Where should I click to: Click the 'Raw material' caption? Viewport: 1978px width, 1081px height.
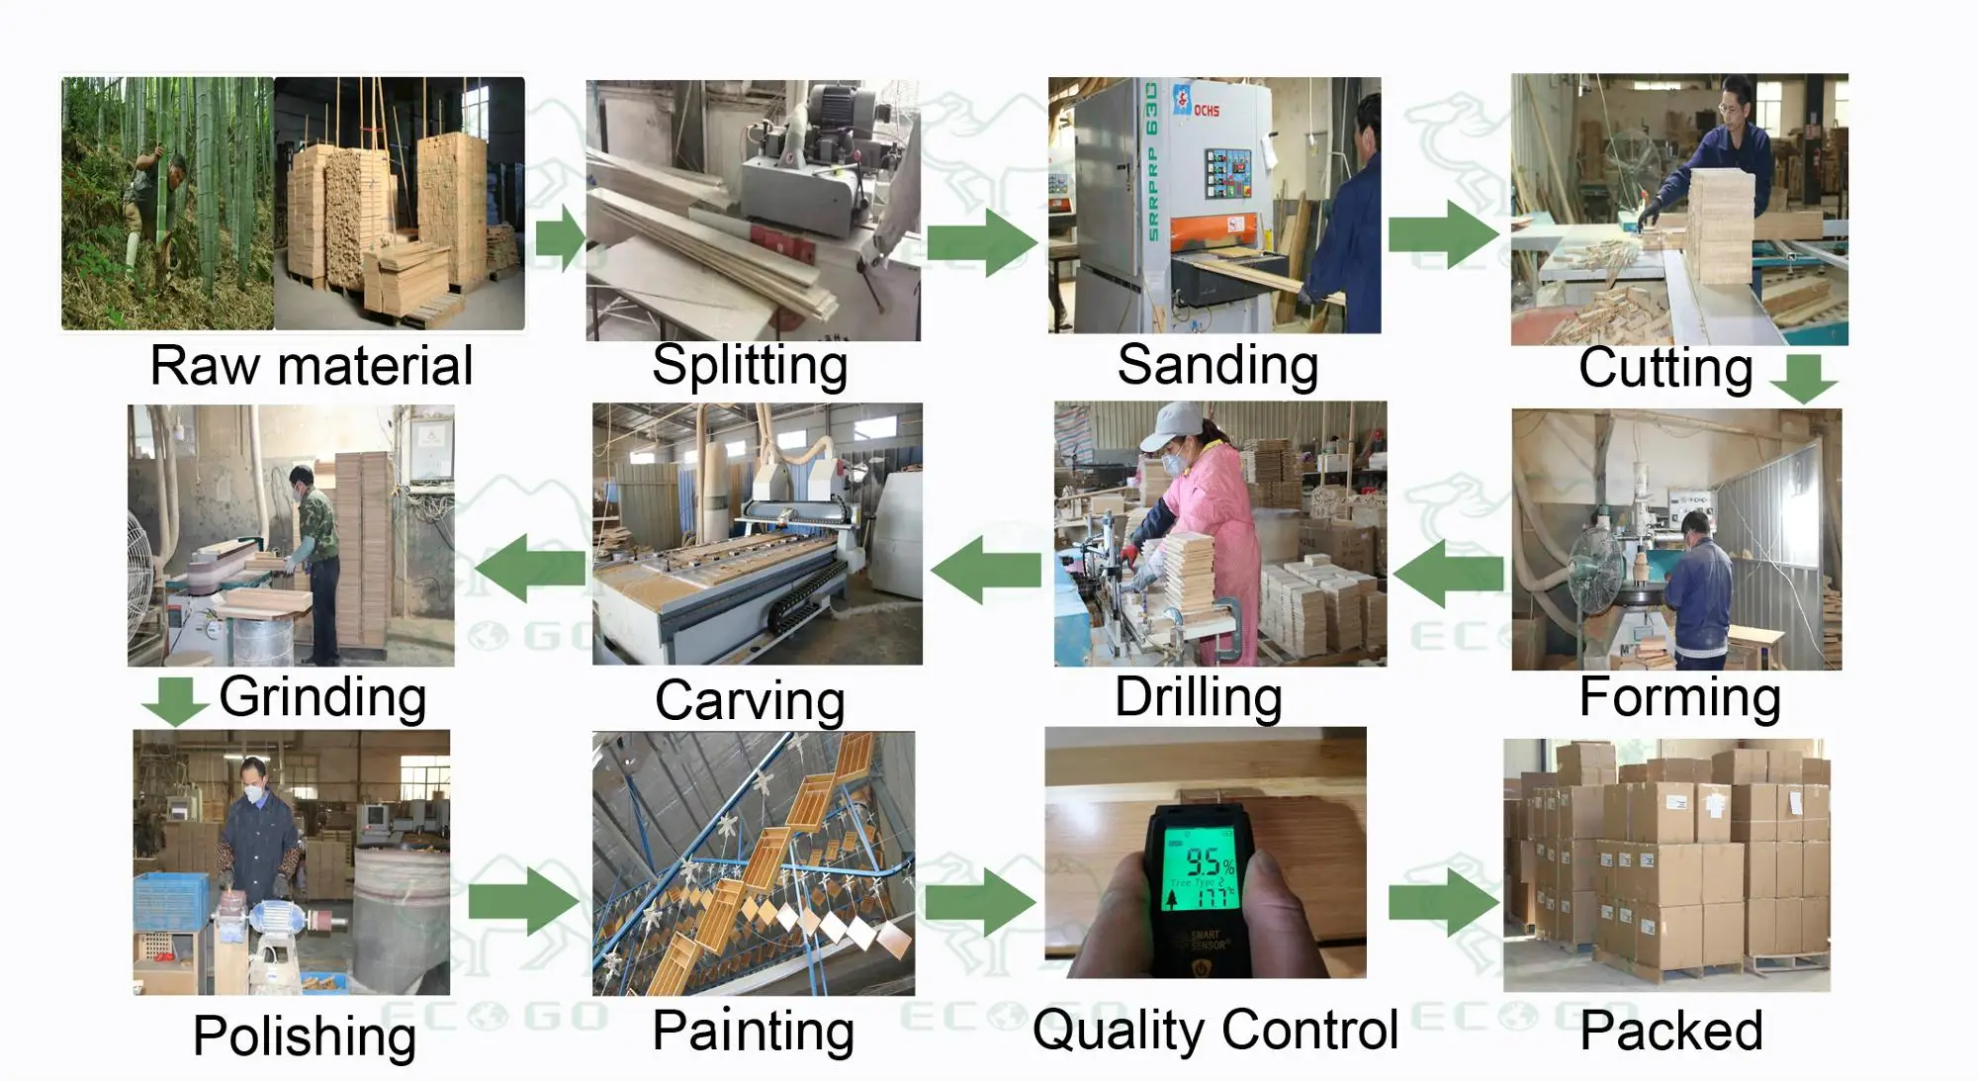point(312,366)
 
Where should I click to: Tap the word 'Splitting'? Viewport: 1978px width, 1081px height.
point(750,366)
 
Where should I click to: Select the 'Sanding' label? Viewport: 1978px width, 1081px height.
point(1217,365)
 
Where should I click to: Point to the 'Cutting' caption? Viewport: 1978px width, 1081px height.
point(1665,368)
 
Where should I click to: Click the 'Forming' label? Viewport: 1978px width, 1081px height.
point(1679,696)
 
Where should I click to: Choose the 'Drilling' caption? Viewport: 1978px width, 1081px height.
point(1198,696)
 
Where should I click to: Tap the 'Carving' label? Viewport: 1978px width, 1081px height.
point(750,700)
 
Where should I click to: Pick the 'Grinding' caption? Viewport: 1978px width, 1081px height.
point(322,696)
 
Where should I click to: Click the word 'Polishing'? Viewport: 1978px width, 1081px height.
point(305,1036)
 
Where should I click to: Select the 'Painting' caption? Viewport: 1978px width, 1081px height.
point(754,1031)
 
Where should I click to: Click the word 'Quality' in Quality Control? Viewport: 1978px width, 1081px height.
point(1118,1031)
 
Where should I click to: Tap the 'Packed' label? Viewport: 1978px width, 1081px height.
point(1670,1031)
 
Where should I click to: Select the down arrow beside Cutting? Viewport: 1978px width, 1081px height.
point(1803,378)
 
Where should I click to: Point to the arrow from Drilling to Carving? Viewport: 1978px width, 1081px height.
point(985,570)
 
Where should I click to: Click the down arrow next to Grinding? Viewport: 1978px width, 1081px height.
point(175,700)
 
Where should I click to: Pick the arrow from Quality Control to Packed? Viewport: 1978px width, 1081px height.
point(1443,902)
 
